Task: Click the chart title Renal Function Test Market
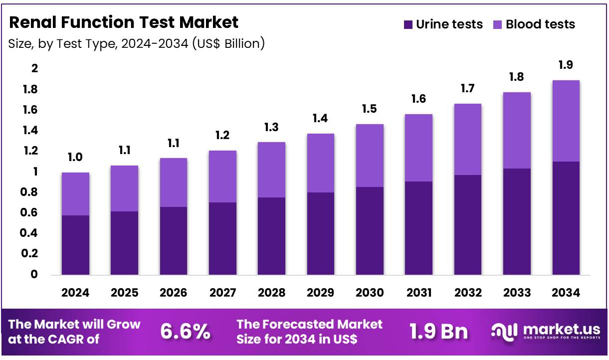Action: pos(124,22)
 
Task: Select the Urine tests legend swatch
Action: pos(408,24)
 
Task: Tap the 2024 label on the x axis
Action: pos(75,293)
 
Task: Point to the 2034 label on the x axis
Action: pos(566,293)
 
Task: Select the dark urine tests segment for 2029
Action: pos(321,233)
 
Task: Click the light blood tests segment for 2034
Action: pos(566,121)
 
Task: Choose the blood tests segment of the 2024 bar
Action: pos(75,194)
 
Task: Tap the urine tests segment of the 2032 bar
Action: pos(468,224)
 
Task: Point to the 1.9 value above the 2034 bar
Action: pos(566,65)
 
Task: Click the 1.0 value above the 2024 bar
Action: pos(75,158)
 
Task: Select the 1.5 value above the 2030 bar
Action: pos(370,109)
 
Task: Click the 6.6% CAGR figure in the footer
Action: pos(185,332)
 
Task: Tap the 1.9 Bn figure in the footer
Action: pos(438,332)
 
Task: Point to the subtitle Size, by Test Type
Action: pos(136,44)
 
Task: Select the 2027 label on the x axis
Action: pos(222,293)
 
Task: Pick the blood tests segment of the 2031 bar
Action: pos(418,148)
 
